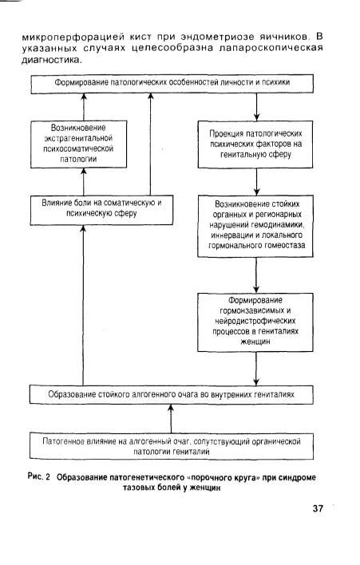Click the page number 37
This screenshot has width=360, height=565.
[318, 508]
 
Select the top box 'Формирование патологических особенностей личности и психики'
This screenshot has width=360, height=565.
[172, 84]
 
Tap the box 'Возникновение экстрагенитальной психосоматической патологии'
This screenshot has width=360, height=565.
[78, 144]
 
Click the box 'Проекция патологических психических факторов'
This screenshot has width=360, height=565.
[255, 144]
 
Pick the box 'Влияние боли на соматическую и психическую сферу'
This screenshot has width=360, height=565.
[101, 210]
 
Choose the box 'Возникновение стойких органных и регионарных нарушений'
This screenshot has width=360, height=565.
[255, 226]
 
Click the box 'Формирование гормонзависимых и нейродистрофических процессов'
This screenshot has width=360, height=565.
[255, 322]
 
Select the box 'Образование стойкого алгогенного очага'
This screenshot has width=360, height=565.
[172, 394]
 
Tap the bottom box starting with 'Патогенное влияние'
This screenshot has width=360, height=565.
[172, 446]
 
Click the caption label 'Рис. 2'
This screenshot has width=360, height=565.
[38, 477]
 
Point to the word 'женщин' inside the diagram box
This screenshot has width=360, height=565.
[255, 342]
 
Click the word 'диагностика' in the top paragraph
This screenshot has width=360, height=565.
[50, 60]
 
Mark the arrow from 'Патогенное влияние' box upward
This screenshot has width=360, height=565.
[171, 419]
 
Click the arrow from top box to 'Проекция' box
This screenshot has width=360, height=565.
[256, 107]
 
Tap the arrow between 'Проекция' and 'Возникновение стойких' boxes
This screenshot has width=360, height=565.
[256, 182]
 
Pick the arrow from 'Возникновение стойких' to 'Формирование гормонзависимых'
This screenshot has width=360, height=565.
[256, 275]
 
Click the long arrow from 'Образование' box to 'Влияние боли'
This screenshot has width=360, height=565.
[83, 305]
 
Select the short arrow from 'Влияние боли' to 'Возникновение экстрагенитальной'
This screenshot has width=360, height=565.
[84, 182]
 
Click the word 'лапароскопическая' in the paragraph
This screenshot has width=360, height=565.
[271, 49]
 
